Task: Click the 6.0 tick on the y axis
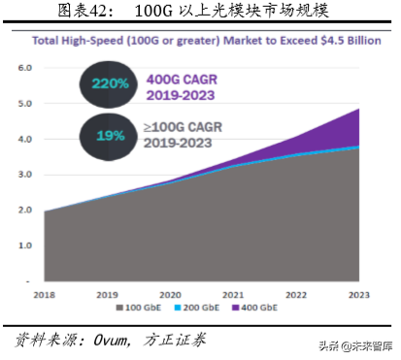point(24,68)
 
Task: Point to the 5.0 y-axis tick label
point(24,104)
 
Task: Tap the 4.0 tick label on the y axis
point(24,140)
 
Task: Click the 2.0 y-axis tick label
point(24,211)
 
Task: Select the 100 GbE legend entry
point(140,309)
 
